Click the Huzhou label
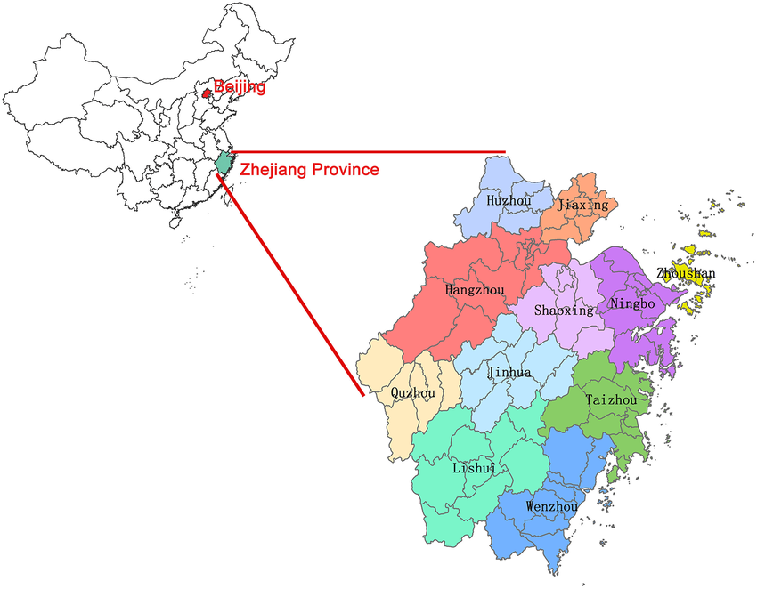pyautogui.click(x=509, y=202)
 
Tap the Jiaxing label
pyautogui.click(x=582, y=206)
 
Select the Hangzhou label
pyautogui.click(x=474, y=290)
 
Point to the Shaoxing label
pyautogui.click(x=563, y=311)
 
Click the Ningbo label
pyautogui.click(x=632, y=304)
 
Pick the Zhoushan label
pyautogui.click(x=685, y=273)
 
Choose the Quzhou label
pyautogui.click(x=412, y=392)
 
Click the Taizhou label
pyautogui.click(x=611, y=400)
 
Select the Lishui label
pyautogui.click(x=468, y=468)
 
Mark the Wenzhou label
pyautogui.click(x=552, y=506)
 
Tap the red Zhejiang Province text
pyautogui.click(x=308, y=169)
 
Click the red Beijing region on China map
pyautogui.click(x=207, y=92)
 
